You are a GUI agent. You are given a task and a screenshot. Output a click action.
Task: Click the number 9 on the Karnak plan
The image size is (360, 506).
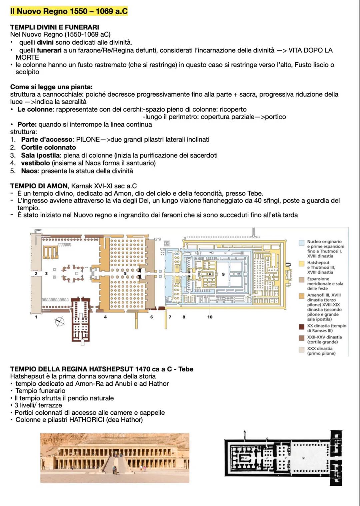pos(223,274)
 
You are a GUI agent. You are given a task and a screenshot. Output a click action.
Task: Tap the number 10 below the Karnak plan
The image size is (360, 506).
pos(210,317)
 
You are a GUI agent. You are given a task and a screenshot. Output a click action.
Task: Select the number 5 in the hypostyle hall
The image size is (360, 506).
pos(125,273)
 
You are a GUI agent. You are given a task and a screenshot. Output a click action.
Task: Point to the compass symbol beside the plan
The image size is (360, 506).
pos(60,322)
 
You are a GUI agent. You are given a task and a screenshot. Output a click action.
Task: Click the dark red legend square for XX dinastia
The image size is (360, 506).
pos(302,327)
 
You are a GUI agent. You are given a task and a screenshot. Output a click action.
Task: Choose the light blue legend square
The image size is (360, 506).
pos(302,243)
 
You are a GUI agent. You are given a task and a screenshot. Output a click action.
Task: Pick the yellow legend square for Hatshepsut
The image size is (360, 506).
pos(302,263)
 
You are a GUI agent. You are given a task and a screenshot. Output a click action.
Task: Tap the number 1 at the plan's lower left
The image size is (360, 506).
pos(36,317)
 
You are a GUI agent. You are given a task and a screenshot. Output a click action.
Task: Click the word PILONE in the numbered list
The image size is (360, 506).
pos(88,140)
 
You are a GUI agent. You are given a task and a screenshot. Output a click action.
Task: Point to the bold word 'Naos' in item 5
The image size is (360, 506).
pos(29,171)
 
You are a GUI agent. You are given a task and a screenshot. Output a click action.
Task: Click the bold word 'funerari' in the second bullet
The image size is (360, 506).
pos(49,50)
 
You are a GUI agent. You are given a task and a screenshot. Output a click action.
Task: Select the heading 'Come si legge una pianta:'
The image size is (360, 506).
pos(51,87)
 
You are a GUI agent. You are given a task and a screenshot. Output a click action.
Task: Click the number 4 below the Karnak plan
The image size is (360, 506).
pos(105,317)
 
